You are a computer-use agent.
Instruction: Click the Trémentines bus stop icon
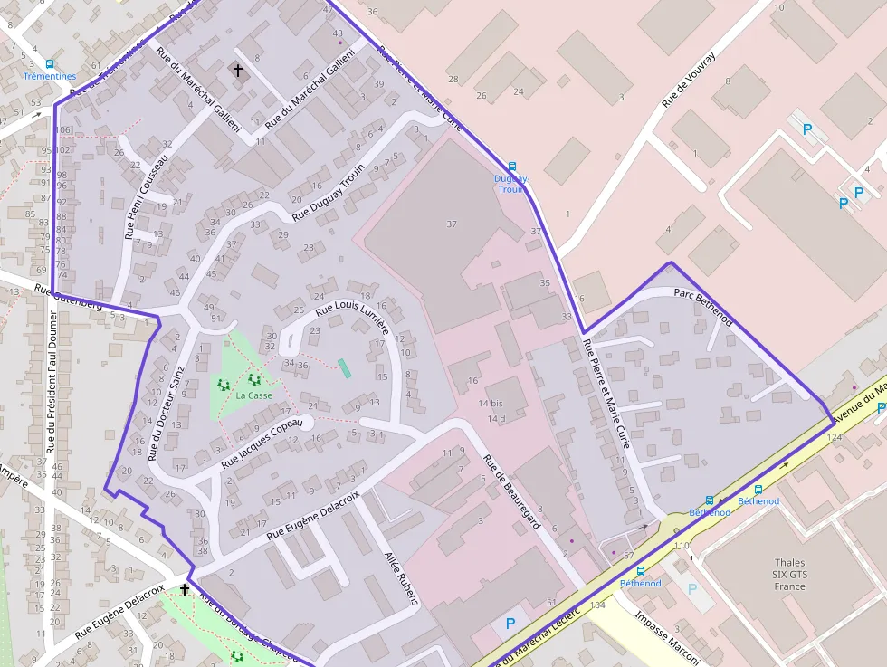[49, 64]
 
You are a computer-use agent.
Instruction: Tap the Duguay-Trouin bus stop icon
[512, 167]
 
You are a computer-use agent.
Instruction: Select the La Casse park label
[253, 395]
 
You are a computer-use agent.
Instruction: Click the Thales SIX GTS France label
[789, 574]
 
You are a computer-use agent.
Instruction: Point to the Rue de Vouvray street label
[689, 80]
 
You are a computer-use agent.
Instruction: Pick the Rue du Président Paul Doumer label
[51, 381]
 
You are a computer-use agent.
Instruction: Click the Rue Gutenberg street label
[68, 298]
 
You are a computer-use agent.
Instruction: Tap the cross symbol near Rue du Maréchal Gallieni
[239, 70]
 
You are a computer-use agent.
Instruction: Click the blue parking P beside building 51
[510, 624]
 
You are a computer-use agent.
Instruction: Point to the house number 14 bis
[491, 403]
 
